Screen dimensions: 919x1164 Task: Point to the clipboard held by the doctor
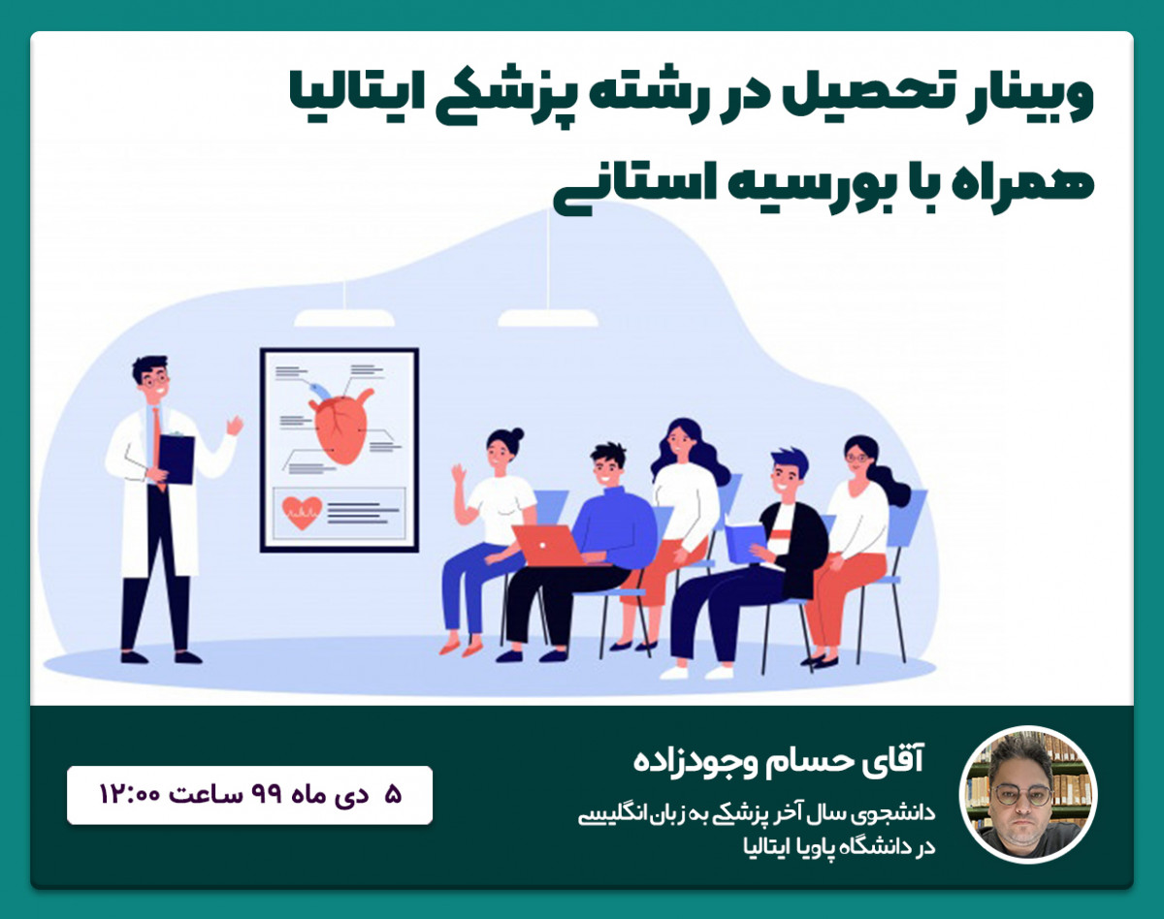[x=176, y=459]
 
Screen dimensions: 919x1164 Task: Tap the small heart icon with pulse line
[x=302, y=511]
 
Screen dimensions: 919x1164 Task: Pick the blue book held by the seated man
[x=745, y=542]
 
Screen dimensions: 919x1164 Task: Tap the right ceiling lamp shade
[x=548, y=318]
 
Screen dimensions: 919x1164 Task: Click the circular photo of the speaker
[x=1028, y=794]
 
